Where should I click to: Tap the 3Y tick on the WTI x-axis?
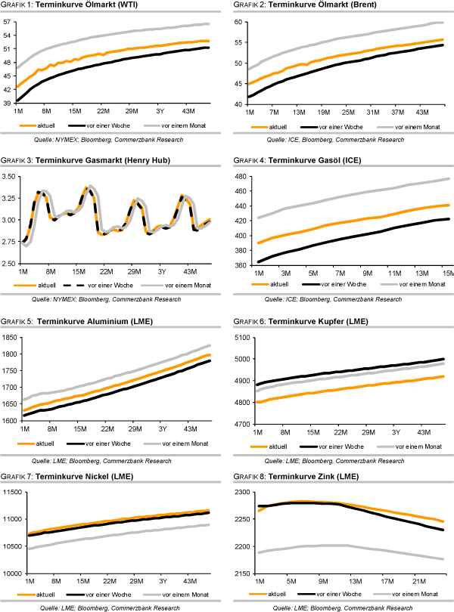(160, 110)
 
